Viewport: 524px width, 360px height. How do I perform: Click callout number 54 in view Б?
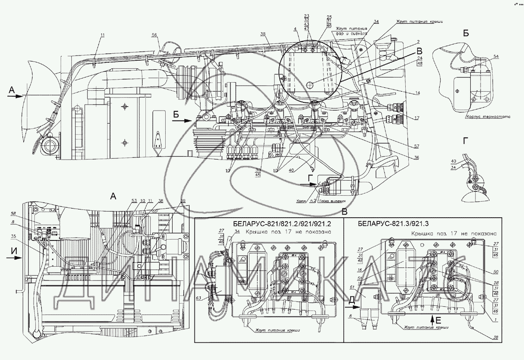496,57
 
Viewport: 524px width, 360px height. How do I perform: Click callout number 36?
416,158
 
